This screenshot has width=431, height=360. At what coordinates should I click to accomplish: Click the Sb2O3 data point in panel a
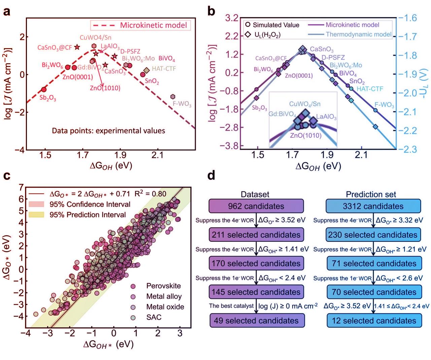point(44,90)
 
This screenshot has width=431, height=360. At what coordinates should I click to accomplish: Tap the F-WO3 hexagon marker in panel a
point(173,97)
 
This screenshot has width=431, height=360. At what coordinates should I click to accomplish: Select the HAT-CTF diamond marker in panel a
point(146,70)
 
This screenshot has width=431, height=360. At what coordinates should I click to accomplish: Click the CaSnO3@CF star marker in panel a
point(77,47)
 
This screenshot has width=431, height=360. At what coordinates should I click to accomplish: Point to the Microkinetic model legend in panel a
point(140,25)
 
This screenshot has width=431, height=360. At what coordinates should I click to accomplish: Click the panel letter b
point(211,11)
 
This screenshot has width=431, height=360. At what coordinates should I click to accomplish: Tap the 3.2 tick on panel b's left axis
point(232,18)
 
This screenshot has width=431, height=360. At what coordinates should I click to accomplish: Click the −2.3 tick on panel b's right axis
point(408,149)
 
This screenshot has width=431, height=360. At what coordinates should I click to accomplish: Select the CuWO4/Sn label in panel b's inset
point(305,104)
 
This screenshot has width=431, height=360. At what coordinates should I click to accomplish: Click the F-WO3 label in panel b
point(384,105)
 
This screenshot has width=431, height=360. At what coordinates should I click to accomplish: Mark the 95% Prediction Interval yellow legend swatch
point(36,215)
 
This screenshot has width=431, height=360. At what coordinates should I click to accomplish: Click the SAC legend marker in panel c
point(133,317)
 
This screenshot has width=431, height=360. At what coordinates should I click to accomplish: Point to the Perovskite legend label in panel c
point(163,286)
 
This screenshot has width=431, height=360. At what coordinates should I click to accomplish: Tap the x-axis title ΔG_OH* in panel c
point(108,344)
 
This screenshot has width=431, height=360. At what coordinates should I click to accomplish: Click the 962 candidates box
point(256,206)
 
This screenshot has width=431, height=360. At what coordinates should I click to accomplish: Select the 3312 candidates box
point(373,206)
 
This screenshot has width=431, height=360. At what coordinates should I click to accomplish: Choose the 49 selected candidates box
point(256,321)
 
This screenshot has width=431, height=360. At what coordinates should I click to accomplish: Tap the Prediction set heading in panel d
point(371,194)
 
